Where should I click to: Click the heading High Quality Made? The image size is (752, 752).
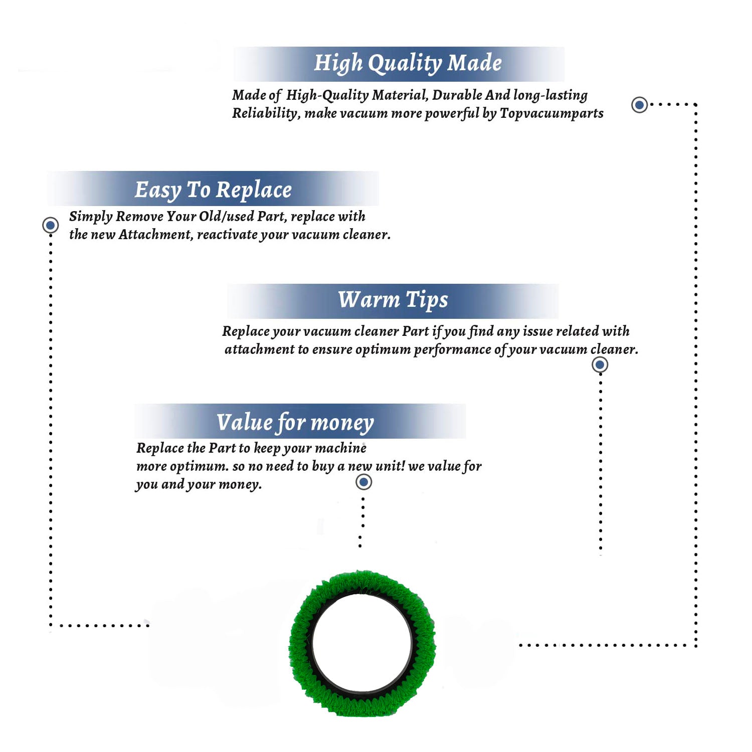(x=408, y=64)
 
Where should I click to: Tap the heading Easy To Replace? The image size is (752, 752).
(x=213, y=191)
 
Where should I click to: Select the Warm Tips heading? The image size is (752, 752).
(x=393, y=300)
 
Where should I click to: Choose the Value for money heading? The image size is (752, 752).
(x=295, y=423)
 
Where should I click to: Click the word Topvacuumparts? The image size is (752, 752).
(x=551, y=114)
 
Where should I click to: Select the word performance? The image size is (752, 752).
(x=452, y=350)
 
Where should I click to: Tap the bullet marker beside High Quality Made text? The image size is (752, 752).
(x=639, y=105)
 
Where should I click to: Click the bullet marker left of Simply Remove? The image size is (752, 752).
(x=50, y=225)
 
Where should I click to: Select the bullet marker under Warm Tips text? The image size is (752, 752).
(x=600, y=364)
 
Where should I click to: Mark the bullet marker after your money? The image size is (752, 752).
(x=363, y=482)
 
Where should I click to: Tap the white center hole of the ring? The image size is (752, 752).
(x=362, y=643)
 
